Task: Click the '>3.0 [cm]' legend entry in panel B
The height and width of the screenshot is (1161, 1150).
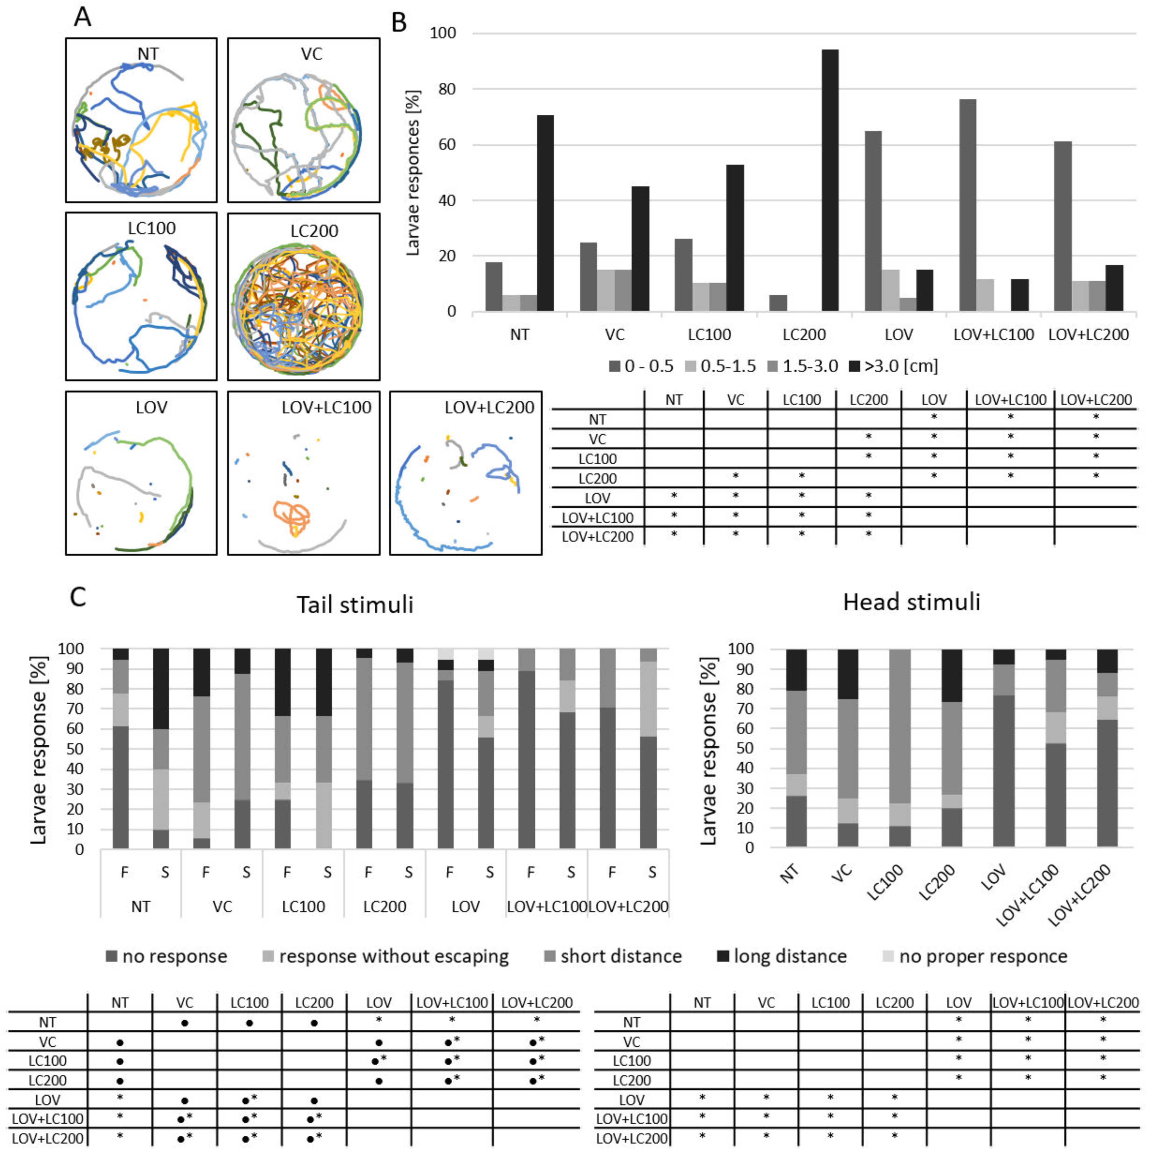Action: click(894, 366)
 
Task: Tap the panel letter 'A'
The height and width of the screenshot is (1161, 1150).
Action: click(82, 17)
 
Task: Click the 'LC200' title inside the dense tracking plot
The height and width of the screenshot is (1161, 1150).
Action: click(314, 231)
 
